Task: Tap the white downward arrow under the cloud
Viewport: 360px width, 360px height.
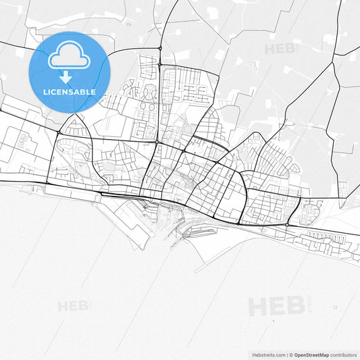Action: pyautogui.click(x=69, y=78)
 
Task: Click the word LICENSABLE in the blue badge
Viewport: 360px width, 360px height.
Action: pyautogui.click(x=69, y=92)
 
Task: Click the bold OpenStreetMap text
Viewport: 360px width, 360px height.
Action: pyautogui.click(x=311, y=354)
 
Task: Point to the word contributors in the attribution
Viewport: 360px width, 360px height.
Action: pyautogui.click(x=342, y=354)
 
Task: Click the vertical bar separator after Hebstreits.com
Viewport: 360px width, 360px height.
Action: pyautogui.click(x=285, y=354)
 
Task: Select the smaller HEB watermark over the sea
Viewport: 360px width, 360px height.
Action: pyautogui.click(x=74, y=306)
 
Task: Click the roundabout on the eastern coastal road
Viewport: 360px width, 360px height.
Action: pyautogui.click(x=288, y=224)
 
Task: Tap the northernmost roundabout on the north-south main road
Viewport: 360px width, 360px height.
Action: pyautogui.click(x=159, y=49)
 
